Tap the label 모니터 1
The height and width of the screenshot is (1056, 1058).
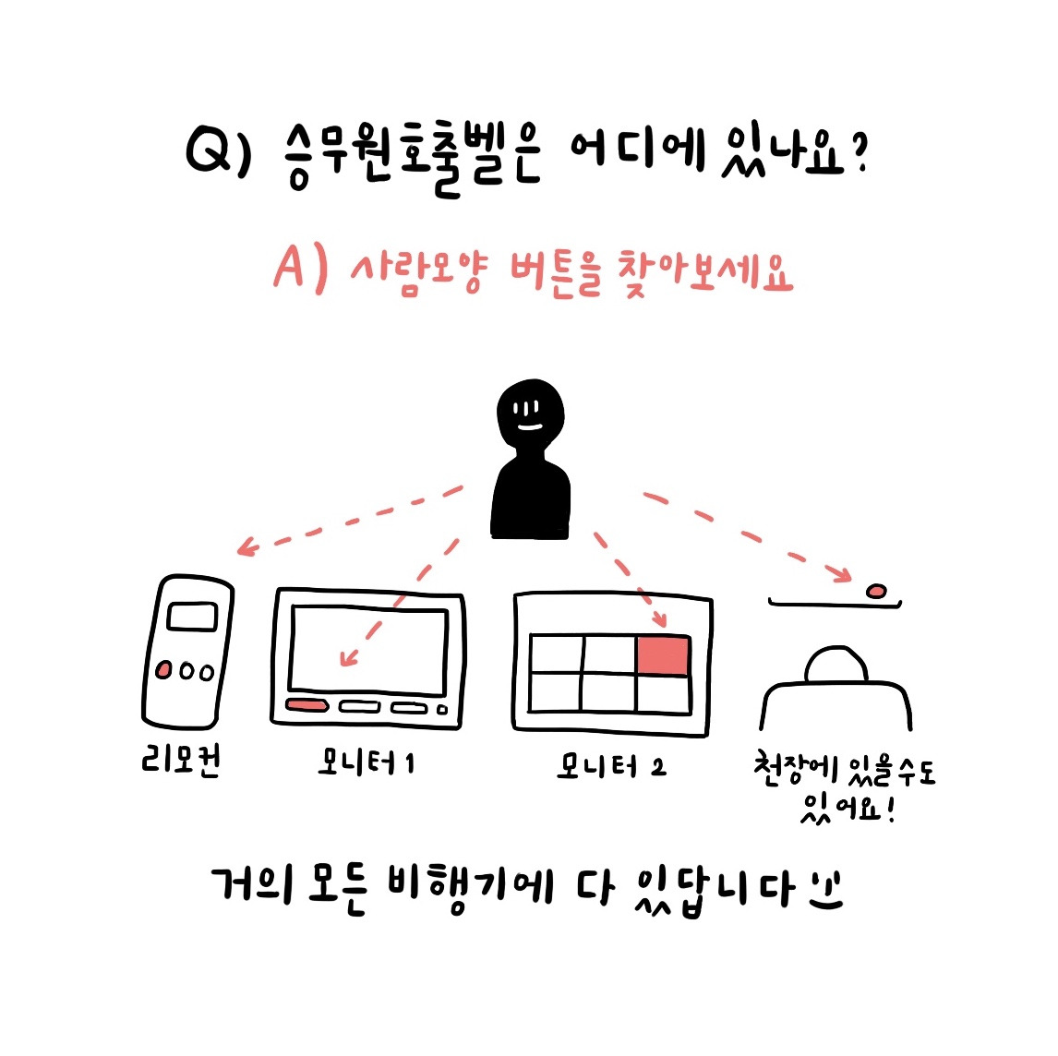pos(367,762)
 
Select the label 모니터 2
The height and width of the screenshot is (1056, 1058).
pos(610,766)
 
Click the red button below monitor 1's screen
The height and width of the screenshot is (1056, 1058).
pos(307,706)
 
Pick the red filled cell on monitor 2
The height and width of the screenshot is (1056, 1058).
pos(663,655)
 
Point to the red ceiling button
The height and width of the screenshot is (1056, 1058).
pos(876,590)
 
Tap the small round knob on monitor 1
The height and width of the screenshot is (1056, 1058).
pos(442,709)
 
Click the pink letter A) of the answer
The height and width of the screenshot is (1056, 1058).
pos(300,269)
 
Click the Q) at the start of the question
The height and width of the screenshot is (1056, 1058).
pos(218,152)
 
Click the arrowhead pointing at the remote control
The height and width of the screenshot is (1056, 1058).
pos(244,548)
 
